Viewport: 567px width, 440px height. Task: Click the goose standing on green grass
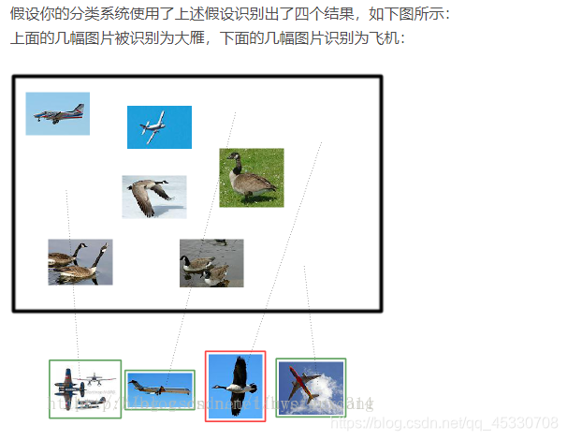pyautogui.click(x=251, y=178)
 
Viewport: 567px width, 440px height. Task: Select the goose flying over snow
pyautogui.click(x=153, y=197)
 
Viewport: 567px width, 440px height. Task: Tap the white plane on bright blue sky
pyautogui.click(x=158, y=126)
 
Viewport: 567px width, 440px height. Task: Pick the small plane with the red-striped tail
pyautogui.click(x=56, y=113)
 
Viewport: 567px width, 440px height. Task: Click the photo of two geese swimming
pyautogui.click(x=80, y=261)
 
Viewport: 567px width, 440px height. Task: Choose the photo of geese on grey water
pyautogui.click(x=211, y=262)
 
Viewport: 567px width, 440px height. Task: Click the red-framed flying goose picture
pyautogui.click(x=236, y=385)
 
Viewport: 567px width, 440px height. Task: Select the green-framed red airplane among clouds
pyautogui.click(x=311, y=387)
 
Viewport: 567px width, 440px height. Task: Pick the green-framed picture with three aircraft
pyautogui.click(x=85, y=389)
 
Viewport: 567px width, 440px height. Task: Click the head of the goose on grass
pyautogui.click(x=233, y=156)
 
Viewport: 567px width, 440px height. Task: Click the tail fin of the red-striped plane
pyautogui.click(x=80, y=108)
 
